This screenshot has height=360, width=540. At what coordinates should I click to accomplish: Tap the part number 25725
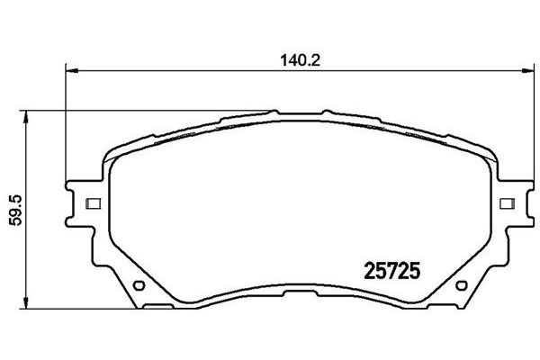pos(392,268)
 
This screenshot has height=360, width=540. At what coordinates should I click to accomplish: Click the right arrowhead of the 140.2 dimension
pos(526,70)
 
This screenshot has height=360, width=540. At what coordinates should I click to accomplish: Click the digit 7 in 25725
pos(392,268)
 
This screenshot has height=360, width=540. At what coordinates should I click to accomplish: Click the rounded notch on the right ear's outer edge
pos(523,203)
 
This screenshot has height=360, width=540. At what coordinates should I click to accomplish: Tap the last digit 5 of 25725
pos(418,268)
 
